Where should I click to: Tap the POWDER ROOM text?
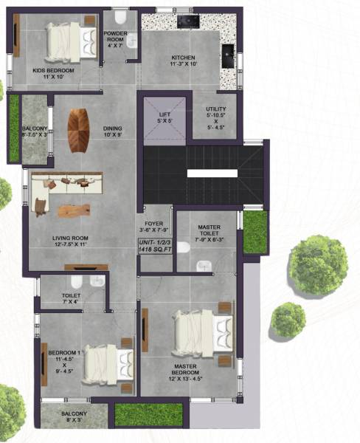115,38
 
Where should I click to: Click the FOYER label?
155,219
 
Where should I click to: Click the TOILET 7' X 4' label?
72,299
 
